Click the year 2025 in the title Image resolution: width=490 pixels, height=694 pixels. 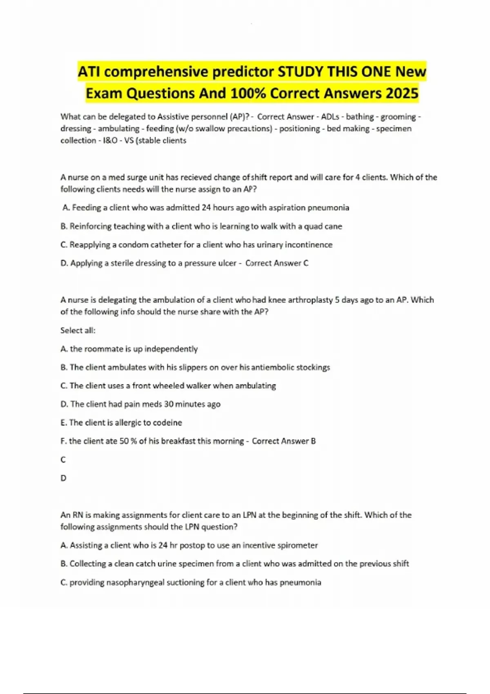coord(402,93)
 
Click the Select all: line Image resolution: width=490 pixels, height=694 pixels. coord(78,330)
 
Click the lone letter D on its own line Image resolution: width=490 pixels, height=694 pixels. coord(63,478)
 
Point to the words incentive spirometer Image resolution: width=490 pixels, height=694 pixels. coord(280,545)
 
